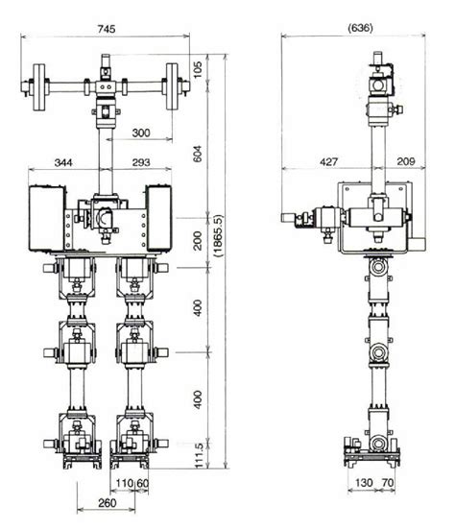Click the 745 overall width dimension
click(x=107, y=30)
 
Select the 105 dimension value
click(x=198, y=69)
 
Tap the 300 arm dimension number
click(x=141, y=132)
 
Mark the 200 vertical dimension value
click(x=198, y=240)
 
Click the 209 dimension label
click(x=407, y=163)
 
